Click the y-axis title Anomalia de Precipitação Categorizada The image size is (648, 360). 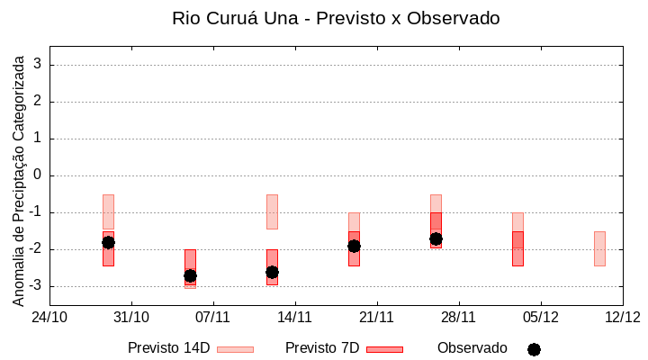[x=18, y=178]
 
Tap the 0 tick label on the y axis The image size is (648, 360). [x=38, y=175]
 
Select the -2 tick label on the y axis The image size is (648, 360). [x=34, y=249]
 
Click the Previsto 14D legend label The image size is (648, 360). [x=168, y=348]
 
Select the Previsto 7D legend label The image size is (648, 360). [x=322, y=348]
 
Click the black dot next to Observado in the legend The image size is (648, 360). [x=534, y=349]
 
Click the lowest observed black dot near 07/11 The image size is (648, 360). [x=190, y=275]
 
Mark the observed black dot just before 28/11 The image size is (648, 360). [x=436, y=238]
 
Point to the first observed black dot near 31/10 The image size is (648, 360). [x=108, y=242]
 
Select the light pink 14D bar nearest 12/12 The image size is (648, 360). [x=599, y=248]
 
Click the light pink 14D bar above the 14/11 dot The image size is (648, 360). [x=272, y=211]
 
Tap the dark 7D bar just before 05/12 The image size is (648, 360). [x=517, y=248]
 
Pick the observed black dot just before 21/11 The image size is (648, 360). [x=354, y=246]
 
